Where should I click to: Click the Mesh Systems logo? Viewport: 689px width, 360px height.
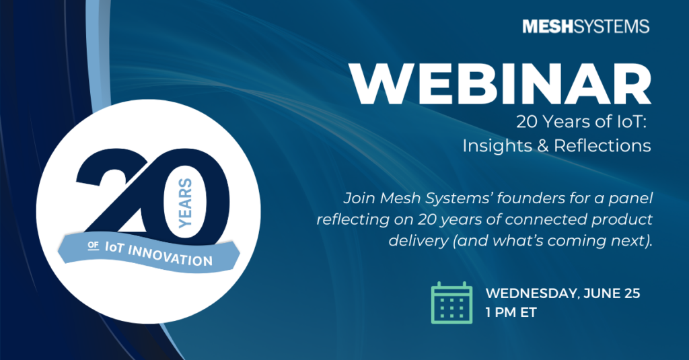(586, 26)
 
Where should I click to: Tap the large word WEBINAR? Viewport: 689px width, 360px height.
(501, 84)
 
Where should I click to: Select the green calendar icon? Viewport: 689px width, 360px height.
(451, 303)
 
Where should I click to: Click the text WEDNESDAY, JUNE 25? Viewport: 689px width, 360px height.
(563, 293)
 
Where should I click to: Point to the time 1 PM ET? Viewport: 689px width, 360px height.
(511, 312)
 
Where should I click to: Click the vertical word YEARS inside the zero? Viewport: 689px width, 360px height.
(186, 203)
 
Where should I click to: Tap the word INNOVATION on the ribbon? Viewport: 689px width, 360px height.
(170, 256)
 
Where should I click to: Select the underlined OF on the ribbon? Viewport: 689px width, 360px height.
(93, 246)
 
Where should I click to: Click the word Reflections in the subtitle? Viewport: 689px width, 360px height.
(602, 145)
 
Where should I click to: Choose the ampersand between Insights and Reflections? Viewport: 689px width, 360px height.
(543, 145)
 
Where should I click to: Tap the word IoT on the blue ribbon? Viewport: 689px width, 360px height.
(114, 247)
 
